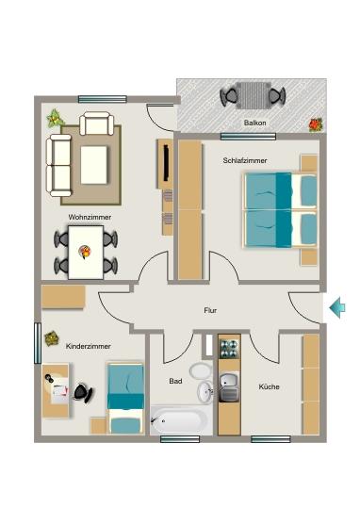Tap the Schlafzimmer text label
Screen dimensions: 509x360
244,161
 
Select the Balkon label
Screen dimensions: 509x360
254,123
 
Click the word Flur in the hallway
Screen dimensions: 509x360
210,310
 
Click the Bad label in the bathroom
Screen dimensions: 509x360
175,382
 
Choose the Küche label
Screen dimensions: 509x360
270,387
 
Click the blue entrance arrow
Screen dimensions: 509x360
337,306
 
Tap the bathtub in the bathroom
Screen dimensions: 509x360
180,419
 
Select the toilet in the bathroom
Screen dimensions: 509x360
199,371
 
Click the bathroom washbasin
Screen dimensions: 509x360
205,392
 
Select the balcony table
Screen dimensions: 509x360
253,95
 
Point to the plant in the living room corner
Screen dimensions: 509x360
55,119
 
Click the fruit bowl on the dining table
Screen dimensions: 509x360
85,251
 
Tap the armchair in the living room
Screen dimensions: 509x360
97,123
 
